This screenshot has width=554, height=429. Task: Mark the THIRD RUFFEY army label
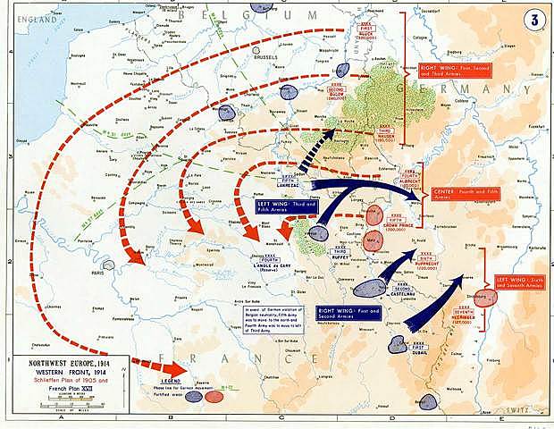339,255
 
